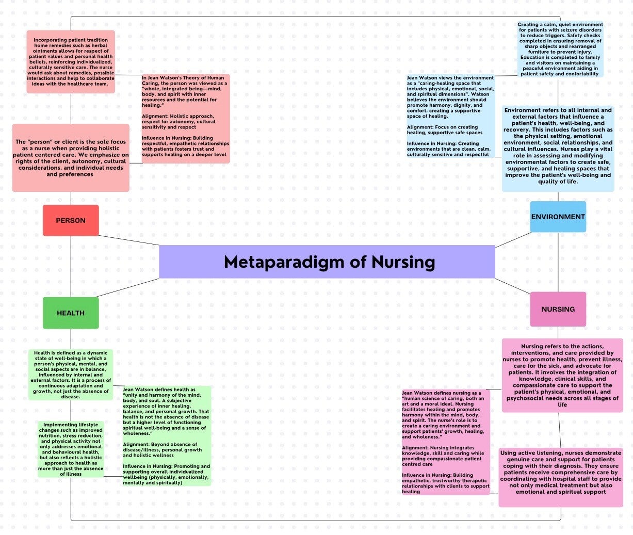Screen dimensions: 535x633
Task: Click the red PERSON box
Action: [x=71, y=220]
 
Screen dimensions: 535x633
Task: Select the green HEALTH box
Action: [x=71, y=313]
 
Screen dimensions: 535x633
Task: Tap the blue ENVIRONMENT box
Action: [x=558, y=217]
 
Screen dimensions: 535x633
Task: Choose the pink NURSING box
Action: [x=558, y=309]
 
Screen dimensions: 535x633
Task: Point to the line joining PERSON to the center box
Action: [x=129, y=240]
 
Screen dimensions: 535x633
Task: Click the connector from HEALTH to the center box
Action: [x=128, y=288]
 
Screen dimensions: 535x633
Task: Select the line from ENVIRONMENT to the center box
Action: [x=513, y=240]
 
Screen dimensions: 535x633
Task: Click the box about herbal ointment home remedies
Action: [x=71, y=62]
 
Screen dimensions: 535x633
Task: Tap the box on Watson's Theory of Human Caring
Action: [x=185, y=119]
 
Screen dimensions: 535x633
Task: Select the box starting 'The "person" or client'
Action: [x=71, y=158]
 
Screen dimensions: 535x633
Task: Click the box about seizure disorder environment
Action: [x=560, y=49]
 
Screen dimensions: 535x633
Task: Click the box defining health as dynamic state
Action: [x=71, y=375]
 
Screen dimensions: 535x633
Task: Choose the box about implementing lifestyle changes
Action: [x=71, y=449]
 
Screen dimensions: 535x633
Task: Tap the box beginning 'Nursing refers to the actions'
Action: [x=562, y=375]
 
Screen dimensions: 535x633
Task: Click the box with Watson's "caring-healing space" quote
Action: [x=450, y=116]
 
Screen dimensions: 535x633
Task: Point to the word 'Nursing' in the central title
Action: [x=403, y=262]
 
